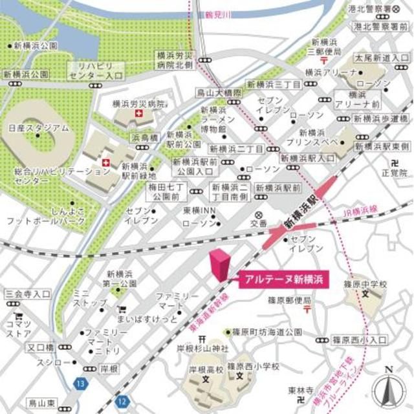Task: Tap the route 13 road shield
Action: [x=79, y=384]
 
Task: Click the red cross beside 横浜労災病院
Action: [x=137, y=114]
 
